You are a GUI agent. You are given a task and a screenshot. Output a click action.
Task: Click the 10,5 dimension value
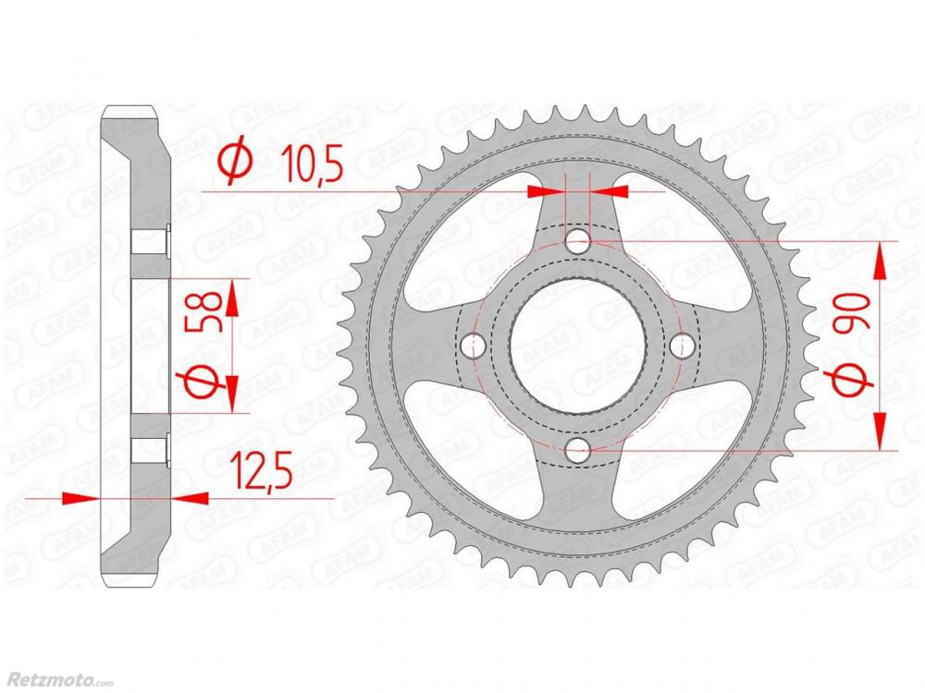point(312,164)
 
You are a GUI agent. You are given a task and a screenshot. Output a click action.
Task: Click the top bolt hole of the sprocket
point(578,241)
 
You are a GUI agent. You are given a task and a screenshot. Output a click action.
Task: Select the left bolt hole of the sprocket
point(473,346)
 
